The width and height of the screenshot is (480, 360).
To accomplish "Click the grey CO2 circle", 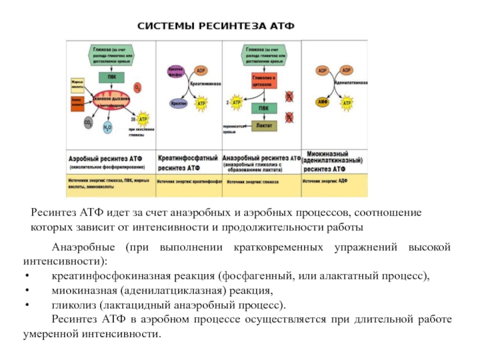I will pos(89,123).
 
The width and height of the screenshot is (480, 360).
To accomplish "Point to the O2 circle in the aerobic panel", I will pos(137,88).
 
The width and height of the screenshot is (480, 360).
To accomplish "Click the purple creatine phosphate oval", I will pos(175,71).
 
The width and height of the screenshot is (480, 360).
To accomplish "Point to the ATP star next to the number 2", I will pos(236,103).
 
